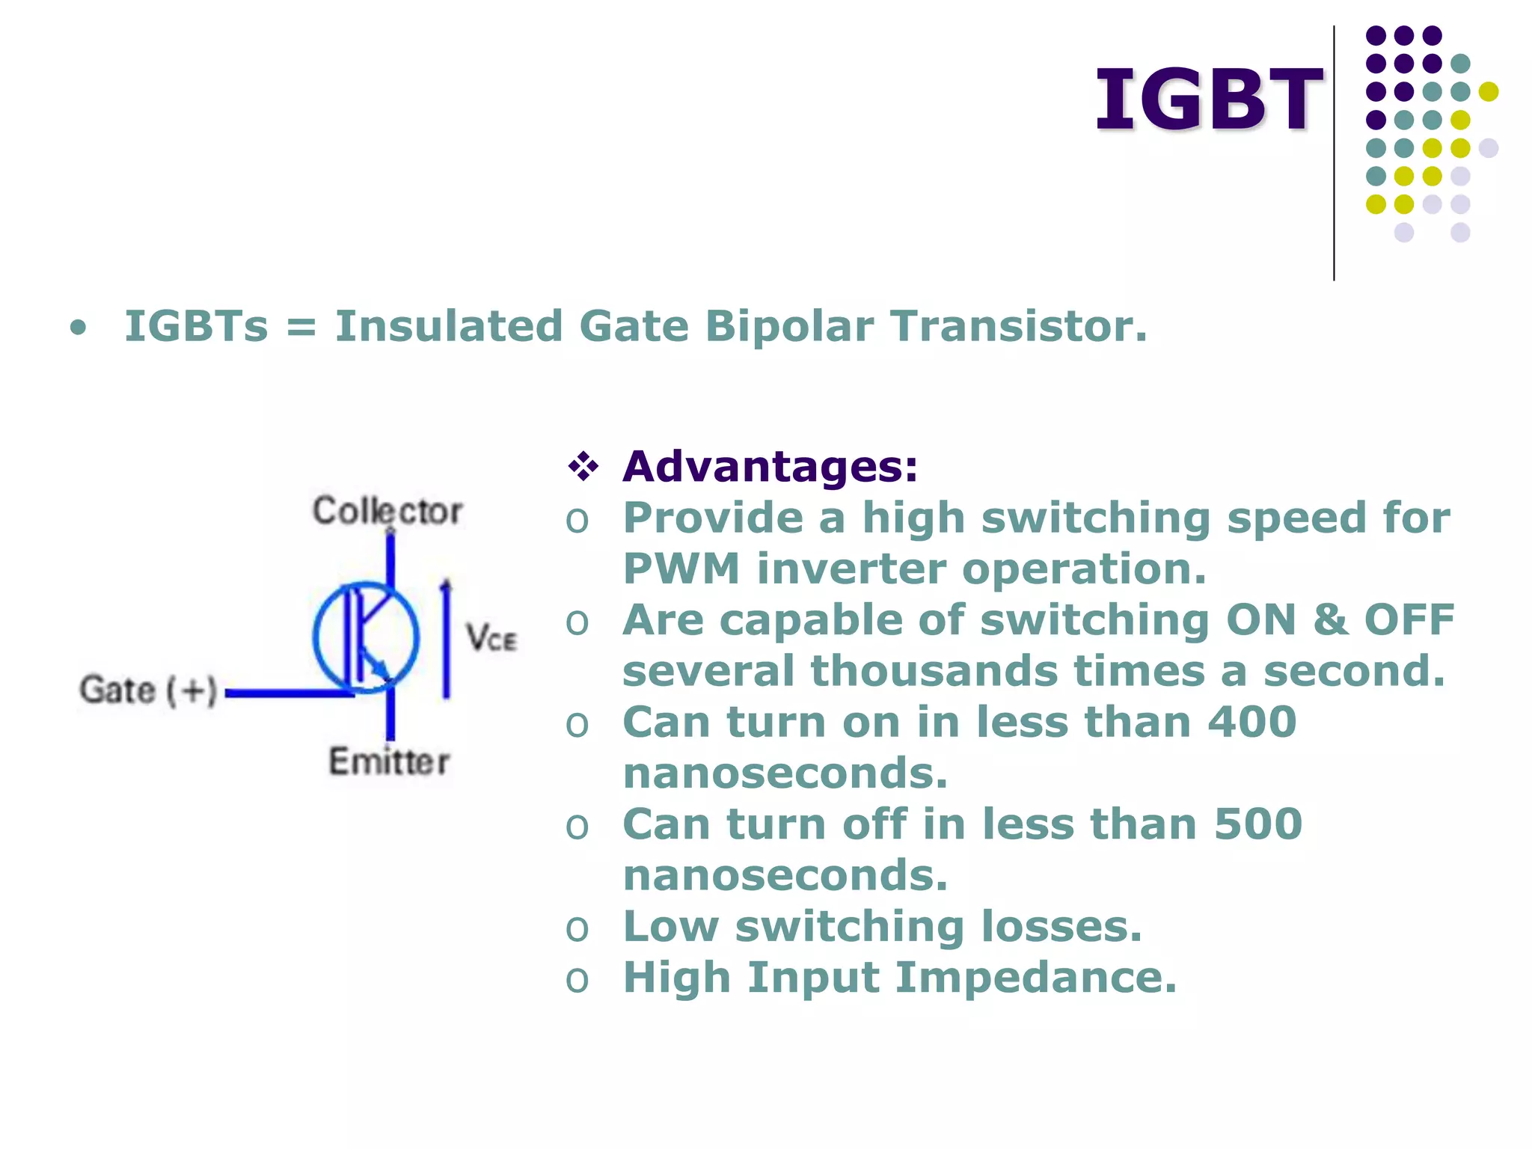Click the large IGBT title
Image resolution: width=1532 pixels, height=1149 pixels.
pos(1208,100)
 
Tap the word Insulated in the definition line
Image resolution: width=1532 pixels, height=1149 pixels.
pos(448,327)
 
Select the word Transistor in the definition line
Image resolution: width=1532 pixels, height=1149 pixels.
pos(1017,327)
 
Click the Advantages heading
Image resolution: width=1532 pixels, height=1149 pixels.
pos(770,467)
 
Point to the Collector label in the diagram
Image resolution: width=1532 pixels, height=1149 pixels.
pos(387,512)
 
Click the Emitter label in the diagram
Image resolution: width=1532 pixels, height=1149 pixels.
pos(389,762)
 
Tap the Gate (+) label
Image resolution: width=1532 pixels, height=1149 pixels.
pos(148,690)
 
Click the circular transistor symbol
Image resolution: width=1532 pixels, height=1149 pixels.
pos(366,637)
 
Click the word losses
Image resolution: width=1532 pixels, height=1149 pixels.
pos(1061,927)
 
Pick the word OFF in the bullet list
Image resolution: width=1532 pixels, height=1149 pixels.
pos(1409,620)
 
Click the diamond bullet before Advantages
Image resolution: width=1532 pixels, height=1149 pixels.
pos(583,467)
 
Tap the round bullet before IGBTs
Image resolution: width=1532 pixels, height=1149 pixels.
pos(78,328)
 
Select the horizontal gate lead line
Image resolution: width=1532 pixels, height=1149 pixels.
pos(289,693)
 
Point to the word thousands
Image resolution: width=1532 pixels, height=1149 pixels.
pos(934,671)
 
